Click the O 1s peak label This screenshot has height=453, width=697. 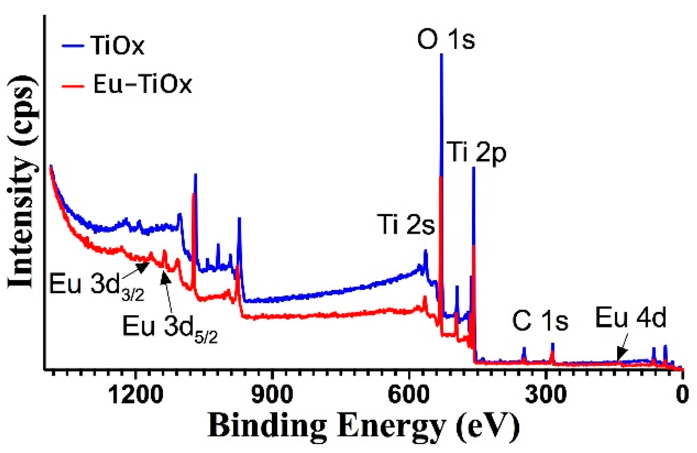[446, 40]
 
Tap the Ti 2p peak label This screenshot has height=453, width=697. [477, 152]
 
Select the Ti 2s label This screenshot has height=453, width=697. [406, 224]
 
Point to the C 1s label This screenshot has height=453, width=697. [540, 321]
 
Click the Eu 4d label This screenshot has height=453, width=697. [630, 318]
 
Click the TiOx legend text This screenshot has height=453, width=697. [117, 45]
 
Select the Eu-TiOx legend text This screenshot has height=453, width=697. [142, 84]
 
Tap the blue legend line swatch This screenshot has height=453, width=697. [73, 46]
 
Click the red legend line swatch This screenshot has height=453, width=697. [73, 86]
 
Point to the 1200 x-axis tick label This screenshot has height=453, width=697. [136, 395]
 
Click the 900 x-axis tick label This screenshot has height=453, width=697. [272, 395]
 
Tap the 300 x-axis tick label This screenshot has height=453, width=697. [545, 395]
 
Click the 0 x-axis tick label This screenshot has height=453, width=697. [682, 395]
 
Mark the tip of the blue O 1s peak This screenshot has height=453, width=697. [442, 54]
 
